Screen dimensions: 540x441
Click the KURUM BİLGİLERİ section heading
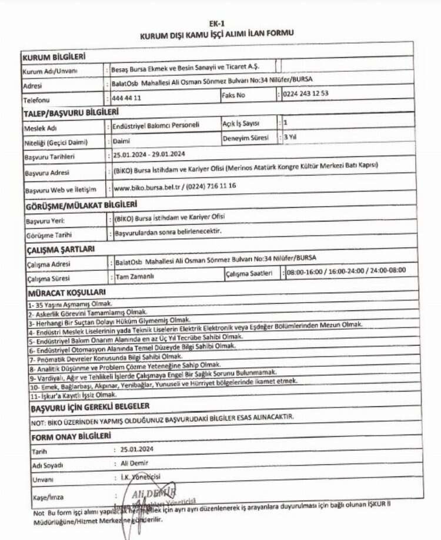tap(54, 57)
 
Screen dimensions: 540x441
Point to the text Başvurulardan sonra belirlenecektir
tap(168, 232)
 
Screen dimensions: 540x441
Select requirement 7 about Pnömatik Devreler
tap(106, 357)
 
